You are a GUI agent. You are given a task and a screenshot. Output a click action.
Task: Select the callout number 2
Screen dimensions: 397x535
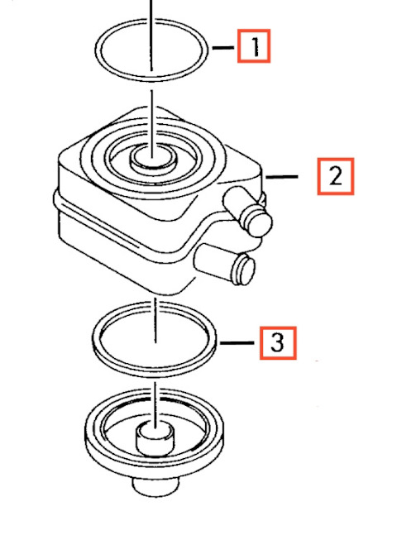(x=336, y=176)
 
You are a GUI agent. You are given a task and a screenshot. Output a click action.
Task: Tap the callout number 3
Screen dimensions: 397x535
(x=277, y=342)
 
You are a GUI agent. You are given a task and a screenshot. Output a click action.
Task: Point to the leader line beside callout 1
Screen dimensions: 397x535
(x=223, y=48)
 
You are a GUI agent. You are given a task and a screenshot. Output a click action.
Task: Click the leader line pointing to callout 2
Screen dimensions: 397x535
(x=282, y=176)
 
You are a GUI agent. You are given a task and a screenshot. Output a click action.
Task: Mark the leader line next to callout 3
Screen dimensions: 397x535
(x=237, y=342)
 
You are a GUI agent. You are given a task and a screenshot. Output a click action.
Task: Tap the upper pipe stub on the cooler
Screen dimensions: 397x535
(x=247, y=211)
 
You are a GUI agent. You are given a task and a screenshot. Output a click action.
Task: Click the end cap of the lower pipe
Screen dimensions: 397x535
(x=244, y=269)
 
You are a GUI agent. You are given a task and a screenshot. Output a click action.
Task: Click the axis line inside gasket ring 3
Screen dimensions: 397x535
(x=155, y=320)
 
